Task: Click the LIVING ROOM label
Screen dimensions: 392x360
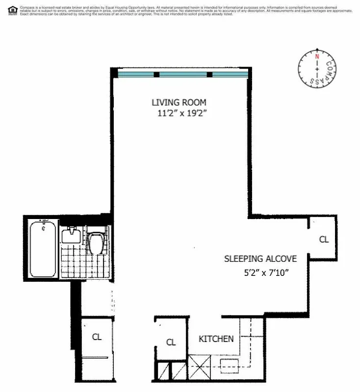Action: click(179, 102)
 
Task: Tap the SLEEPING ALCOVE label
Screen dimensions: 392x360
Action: click(260, 259)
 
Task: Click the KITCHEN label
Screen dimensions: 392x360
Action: click(216, 339)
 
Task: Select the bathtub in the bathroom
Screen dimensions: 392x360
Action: click(42, 249)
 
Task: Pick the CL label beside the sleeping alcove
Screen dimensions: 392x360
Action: click(323, 240)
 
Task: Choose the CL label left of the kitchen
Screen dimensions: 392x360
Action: click(170, 343)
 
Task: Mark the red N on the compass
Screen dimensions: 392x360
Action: click(317, 56)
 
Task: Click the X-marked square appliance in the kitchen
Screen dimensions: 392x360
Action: click(200, 366)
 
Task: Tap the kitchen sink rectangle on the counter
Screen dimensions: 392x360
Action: click(229, 365)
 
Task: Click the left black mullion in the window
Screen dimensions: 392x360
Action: click(156, 74)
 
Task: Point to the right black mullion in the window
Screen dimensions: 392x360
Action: click(209, 74)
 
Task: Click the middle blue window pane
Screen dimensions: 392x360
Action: click(183, 74)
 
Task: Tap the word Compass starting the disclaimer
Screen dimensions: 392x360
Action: click(26, 7)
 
